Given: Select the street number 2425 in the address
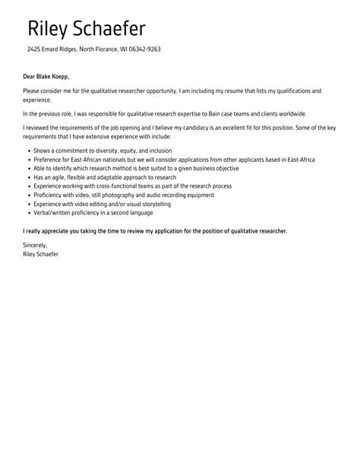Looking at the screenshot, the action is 35,49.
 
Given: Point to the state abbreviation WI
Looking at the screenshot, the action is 125,49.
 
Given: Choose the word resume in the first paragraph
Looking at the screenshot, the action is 224,91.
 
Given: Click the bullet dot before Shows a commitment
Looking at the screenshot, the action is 29,151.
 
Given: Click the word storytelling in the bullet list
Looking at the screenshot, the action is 144,203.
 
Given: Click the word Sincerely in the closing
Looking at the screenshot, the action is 35,246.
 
